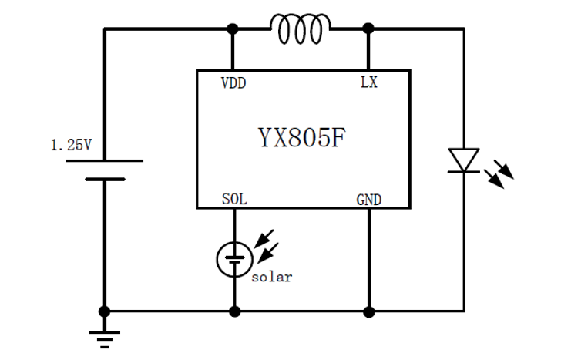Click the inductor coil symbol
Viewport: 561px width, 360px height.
point(301,29)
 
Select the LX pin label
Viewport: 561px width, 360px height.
point(369,82)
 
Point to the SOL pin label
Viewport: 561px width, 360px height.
point(233,200)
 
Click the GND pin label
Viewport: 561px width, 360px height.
point(369,200)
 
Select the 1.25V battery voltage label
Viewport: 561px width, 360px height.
point(70,145)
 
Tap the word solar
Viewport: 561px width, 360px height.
point(272,277)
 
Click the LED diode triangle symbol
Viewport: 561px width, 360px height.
point(463,161)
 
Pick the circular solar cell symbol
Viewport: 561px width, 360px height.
point(233,257)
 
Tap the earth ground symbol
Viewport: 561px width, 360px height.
point(104,337)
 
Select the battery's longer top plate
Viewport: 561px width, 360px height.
point(104,160)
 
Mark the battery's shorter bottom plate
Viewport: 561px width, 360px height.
point(104,179)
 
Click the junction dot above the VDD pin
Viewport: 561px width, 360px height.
point(233,29)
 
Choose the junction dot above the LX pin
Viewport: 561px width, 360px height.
point(368,29)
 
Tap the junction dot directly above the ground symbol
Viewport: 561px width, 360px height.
point(104,311)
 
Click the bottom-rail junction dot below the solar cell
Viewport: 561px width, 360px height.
point(233,311)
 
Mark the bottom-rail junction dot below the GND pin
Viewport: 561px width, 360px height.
point(368,311)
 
